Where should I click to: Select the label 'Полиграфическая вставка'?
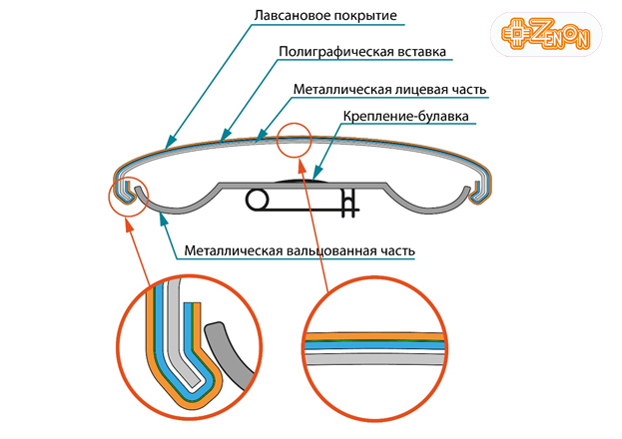pos(360,51)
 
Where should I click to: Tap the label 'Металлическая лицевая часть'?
pos(389,89)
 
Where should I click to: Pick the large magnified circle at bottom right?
pos(371,351)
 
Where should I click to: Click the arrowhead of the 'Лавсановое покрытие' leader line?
pos(169,141)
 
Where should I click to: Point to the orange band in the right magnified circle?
pos(371,335)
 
